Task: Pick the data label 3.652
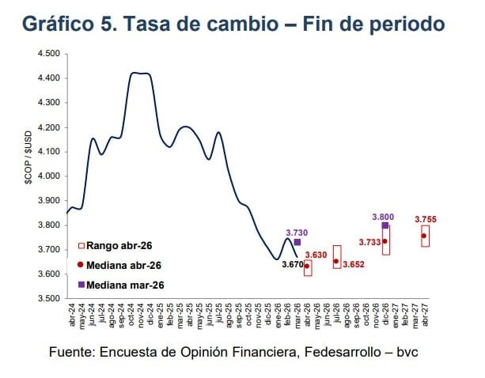pyautogui.click(x=354, y=264)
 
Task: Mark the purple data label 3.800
pyautogui.click(x=384, y=215)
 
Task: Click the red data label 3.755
pyautogui.click(x=426, y=219)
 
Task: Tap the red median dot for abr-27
pyautogui.click(x=425, y=236)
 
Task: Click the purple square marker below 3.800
pyautogui.click(x=385, y=225)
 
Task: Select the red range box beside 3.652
pyautogui.click(x=337, y=257)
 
